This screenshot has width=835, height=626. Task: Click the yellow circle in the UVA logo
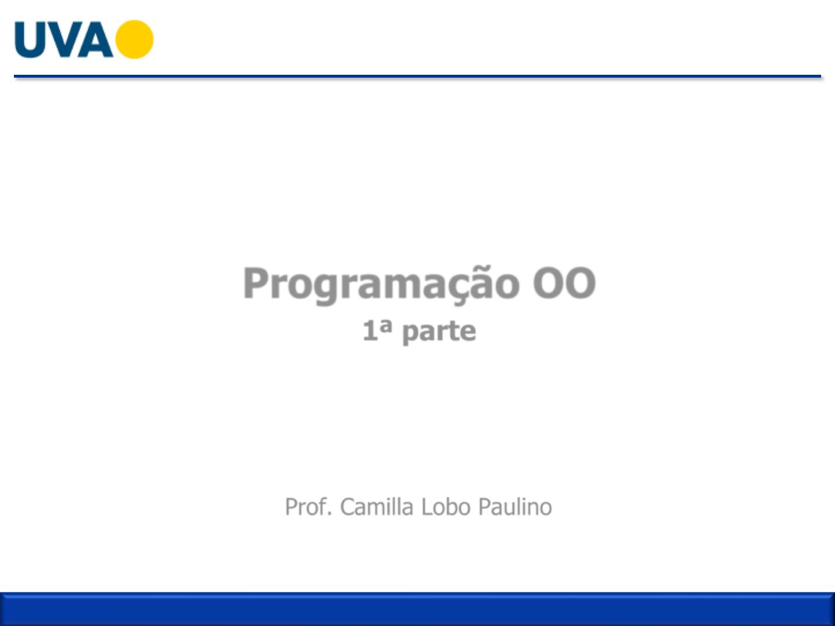(x=135, y=39)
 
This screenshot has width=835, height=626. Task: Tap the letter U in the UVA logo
(x=30, y=39)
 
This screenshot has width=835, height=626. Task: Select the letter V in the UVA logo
(x=64, y=39)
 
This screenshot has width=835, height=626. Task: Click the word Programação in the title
(x=382, y=285)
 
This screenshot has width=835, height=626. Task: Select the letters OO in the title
(x=564, y=283)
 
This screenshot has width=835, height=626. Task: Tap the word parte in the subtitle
(x=439, y=332)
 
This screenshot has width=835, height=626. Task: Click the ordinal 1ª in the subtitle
(x=377, y=330)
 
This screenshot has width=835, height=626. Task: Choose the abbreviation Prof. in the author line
(x=308, y=507)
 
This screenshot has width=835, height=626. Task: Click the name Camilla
(x=376, y=507)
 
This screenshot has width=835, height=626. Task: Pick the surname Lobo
(x=446, y=507)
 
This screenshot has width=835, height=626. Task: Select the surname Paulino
(x=515, y=507)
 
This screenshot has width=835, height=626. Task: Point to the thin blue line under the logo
(x=418, y=77)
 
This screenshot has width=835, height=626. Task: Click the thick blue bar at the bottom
(x=418, y=609)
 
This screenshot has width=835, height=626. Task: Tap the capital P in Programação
(x=256, y=282)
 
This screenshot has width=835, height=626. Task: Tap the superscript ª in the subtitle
(x=386, y=326)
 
